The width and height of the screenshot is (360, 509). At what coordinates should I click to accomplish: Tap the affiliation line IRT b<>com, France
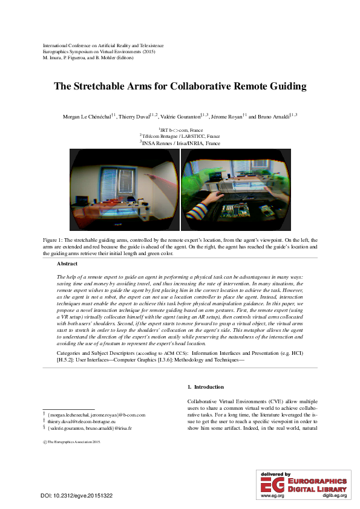[x=181, y=130]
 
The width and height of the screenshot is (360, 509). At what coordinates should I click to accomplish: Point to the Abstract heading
[x=67, y=264]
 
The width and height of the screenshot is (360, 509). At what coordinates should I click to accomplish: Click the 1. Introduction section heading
[x=206, y=387]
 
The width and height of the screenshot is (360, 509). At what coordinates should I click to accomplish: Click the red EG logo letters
[x=269, y=484]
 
